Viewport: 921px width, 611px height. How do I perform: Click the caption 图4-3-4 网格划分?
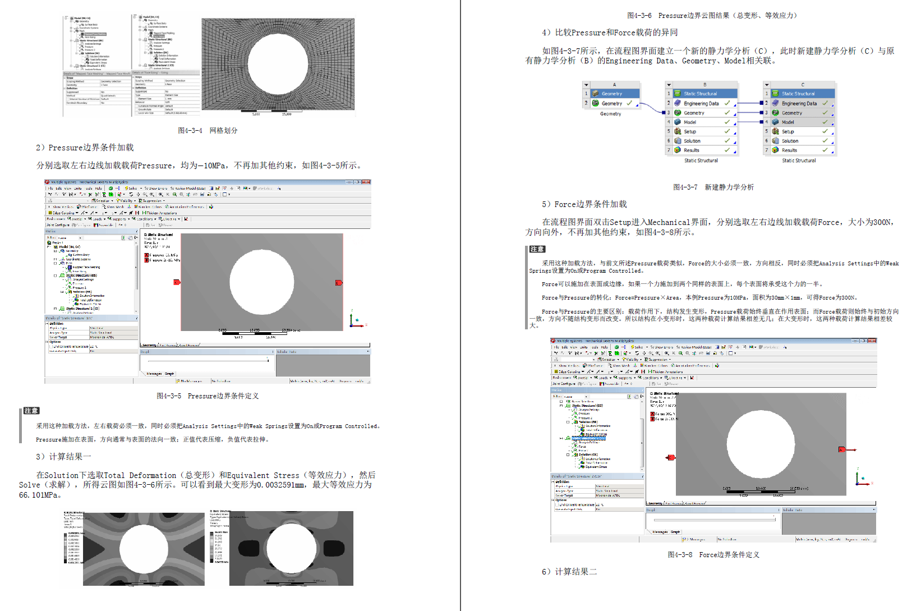point(208,130)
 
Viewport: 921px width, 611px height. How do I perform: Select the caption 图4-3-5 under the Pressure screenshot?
point(208,396)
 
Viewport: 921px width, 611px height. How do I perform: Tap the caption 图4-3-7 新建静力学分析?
point(713,187)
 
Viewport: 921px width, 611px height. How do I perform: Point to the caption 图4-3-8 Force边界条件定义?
point(713,554)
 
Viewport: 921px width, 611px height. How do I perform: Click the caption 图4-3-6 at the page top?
point(713,15)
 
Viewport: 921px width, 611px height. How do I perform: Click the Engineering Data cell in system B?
point(701,103)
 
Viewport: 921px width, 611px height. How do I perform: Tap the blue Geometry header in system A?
point(612,94)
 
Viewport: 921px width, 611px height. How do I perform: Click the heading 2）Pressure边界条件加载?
point(85,148)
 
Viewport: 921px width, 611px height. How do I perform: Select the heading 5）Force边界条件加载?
point(584,204)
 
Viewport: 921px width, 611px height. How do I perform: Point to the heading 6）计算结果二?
point(569,571)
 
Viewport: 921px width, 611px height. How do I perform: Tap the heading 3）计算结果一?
point(63,456)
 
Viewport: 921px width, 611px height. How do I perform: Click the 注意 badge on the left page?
point(31,411)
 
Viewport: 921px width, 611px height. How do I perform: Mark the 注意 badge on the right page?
point(537,249)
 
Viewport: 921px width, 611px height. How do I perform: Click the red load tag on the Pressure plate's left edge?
point(177,282)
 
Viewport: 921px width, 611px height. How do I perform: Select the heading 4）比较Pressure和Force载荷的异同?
point(610,33)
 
